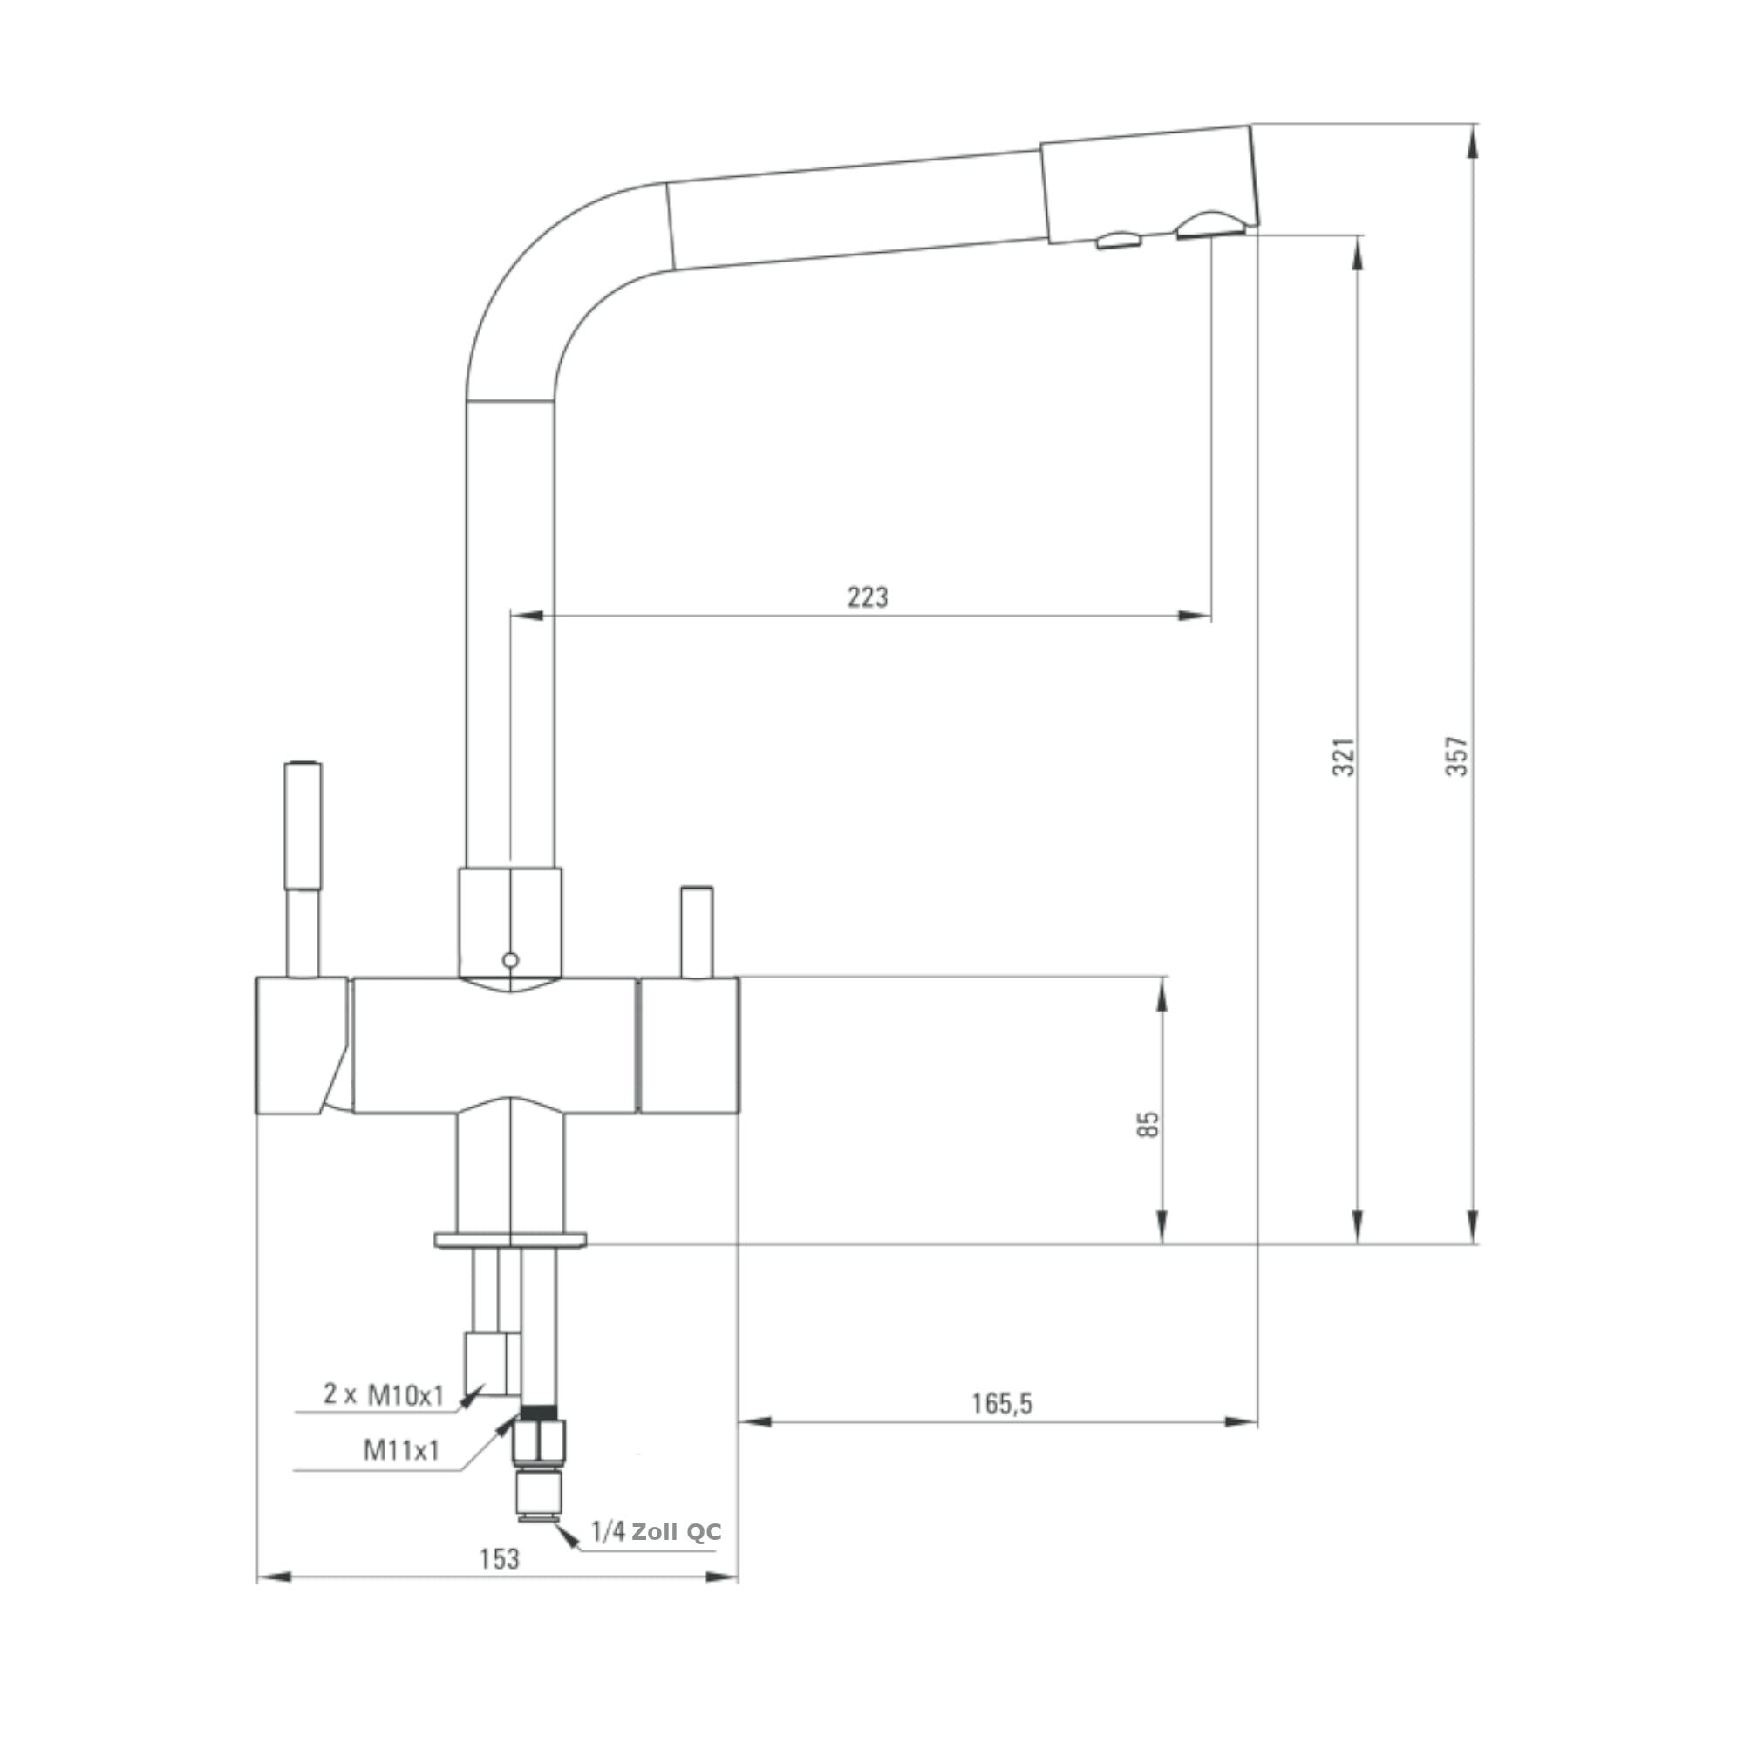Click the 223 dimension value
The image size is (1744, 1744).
867,596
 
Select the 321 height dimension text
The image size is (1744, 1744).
1343,756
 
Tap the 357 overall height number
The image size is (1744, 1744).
1457,756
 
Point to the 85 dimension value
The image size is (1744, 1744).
1148,1124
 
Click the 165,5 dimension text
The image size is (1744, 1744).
1001,1403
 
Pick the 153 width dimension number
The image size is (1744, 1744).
499,1558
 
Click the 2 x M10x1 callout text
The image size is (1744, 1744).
384,1393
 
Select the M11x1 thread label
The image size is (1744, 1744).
401,1450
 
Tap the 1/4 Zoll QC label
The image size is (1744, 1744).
657,1531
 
